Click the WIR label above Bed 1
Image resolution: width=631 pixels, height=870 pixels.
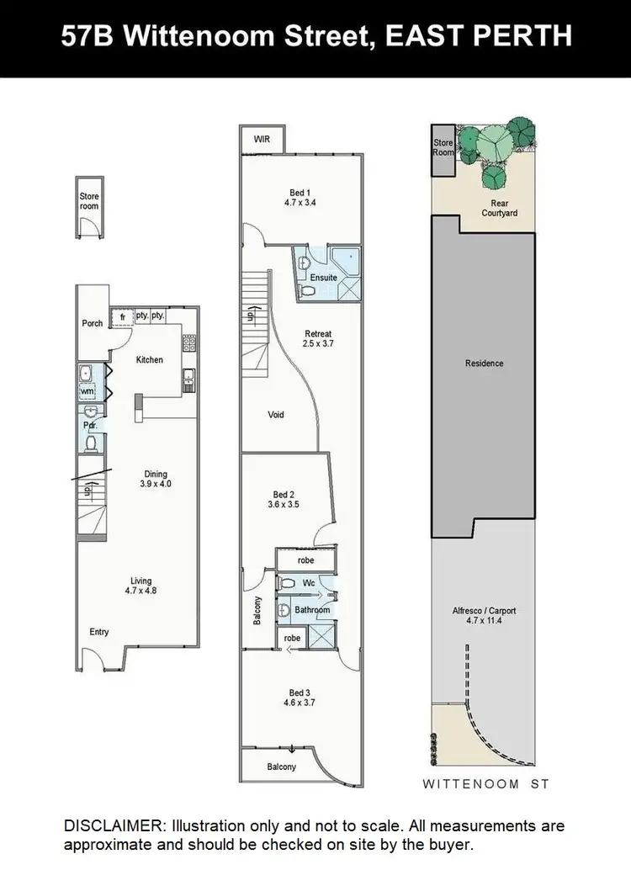coord(262,140)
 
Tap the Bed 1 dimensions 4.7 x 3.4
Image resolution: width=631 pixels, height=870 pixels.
coord(300,203)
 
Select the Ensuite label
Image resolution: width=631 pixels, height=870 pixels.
coord(323,278)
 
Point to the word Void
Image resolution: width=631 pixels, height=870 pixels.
coord(276,415)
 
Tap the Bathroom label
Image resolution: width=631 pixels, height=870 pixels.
coord(312,610)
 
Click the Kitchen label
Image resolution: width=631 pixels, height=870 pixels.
coord(150,360)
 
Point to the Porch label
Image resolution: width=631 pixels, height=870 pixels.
coord(93,323)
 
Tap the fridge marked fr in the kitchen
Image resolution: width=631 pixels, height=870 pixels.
coord(122,316)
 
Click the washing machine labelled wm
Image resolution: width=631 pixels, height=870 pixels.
coord(87,392)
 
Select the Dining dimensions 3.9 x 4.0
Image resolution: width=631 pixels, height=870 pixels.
coord(156,485)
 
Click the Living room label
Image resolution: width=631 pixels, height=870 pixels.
coord(141,580)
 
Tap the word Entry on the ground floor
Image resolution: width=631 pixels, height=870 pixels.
coord(99,632)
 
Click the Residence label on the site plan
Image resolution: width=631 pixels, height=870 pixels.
coord(484,363)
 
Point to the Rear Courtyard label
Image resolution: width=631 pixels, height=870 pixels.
coord(499,208)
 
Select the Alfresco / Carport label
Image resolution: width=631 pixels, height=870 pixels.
coord(484,611)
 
